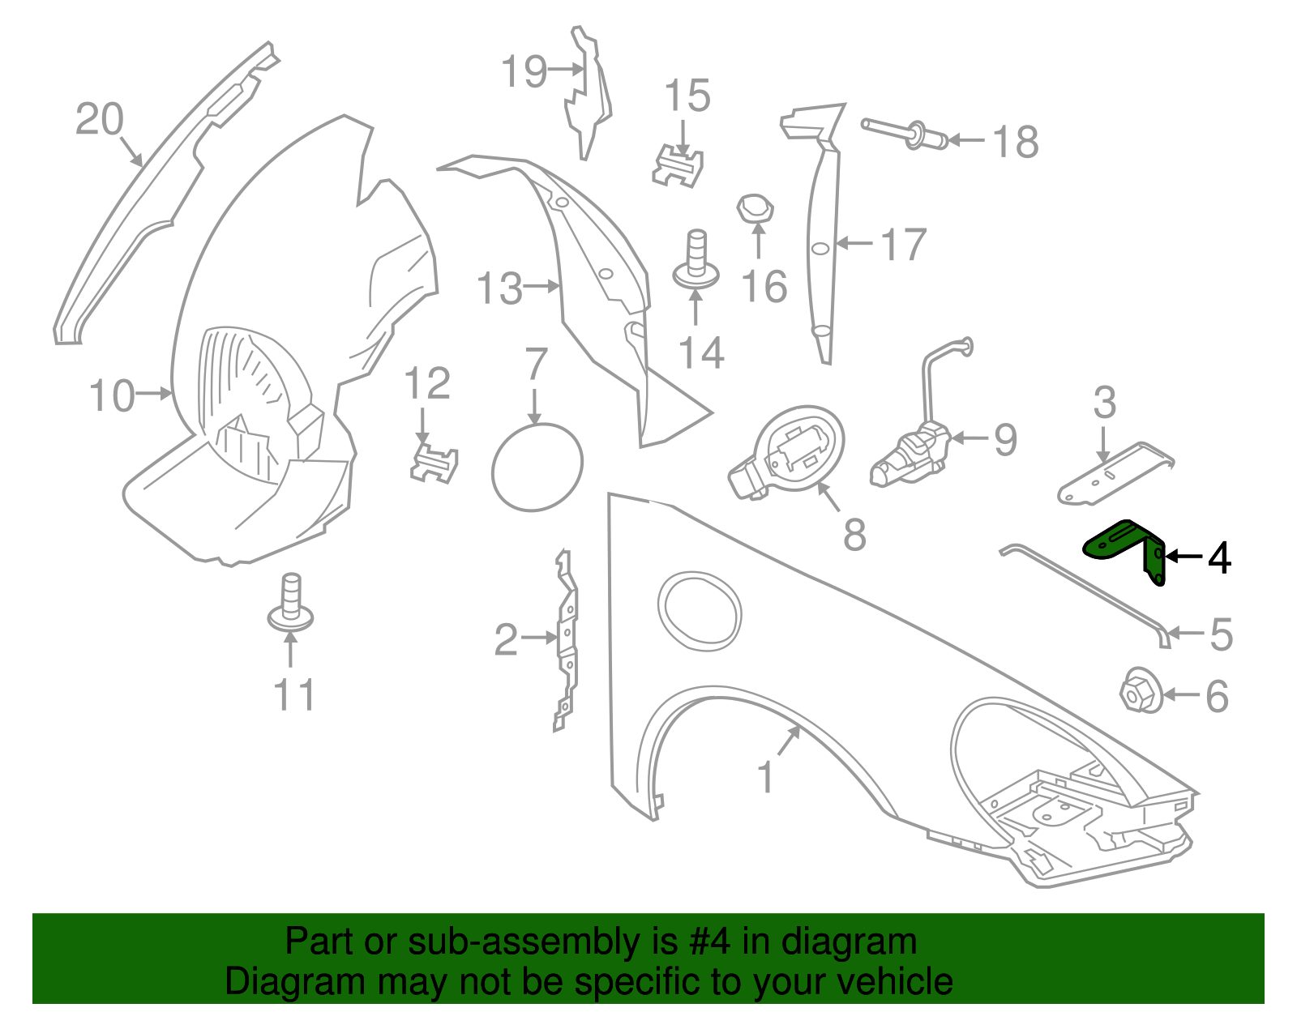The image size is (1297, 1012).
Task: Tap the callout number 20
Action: [x=99, y=119]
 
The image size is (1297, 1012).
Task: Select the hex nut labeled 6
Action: [x=1141, y=691]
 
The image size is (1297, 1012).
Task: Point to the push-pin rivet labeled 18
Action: [x=905, y=135]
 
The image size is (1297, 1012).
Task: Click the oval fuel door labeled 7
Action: [x=537, y=467]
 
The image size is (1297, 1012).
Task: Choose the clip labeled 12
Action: [x=434, y=463]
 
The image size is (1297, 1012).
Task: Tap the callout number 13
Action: [x=499, y=288]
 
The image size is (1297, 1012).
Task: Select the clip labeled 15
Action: [x=678, y=166]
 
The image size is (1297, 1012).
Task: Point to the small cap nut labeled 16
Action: [x=756, y=209]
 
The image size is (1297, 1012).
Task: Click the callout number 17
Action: [x=903, y=244]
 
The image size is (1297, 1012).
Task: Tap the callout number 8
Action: [x=854, y=534]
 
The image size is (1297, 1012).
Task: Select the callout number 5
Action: [x=1221, y=634]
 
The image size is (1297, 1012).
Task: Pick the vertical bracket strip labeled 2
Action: [x=567, y=641]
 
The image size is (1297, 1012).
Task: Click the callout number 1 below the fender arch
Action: [x=765, y=777]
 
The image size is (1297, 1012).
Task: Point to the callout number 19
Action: [x=524, y=71]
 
